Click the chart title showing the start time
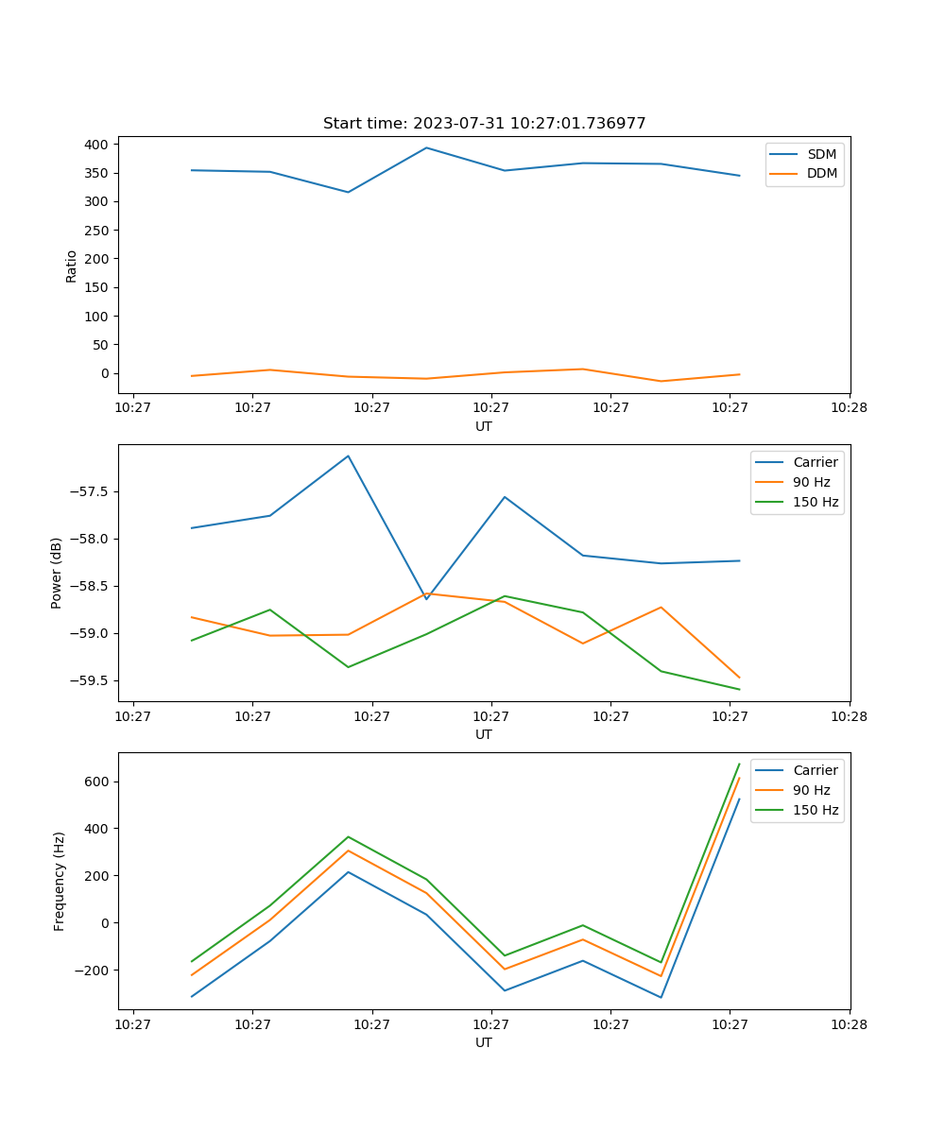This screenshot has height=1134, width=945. click(484, 124)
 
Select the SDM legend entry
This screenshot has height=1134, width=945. click(821, 154)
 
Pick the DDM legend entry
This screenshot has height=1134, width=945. click(822, 174)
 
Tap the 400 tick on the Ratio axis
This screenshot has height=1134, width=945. click(98, 145)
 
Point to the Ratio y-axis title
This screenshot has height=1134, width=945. click(72, 266)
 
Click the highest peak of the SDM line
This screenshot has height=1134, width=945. click(426, 147)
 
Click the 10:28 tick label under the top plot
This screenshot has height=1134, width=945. click(849, 408)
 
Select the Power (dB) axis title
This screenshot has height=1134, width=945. click(57, 573)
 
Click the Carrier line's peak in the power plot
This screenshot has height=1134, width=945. click(348, 455)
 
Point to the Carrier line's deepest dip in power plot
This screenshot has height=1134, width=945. click(426, 599)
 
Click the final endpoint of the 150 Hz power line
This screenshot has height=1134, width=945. click(739, 689)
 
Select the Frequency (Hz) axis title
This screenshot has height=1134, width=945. click(59, 881)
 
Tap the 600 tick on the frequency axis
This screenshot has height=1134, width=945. click(98, 782)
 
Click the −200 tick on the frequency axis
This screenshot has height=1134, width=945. click(94, 971)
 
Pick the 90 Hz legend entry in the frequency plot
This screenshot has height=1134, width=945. click(811, 790)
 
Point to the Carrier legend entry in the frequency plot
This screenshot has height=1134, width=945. click(815, 770)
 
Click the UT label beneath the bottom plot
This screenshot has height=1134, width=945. click(484, 1042)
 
